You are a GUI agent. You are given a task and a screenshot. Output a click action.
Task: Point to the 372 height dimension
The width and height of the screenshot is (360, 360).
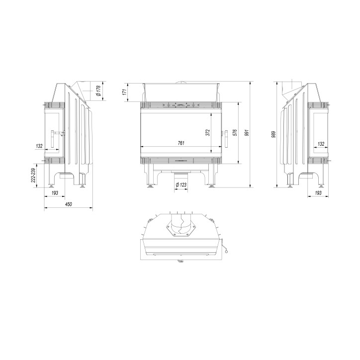point(208,132)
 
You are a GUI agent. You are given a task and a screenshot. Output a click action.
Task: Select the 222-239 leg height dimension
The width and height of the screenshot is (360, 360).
point(34,175)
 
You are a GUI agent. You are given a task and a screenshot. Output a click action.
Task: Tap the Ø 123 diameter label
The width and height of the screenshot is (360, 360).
point(181,185)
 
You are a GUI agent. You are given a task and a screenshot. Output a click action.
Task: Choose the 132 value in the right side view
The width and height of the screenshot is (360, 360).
point(321,144)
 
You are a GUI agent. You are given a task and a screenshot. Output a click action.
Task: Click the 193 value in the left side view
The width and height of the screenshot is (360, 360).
point(55,192)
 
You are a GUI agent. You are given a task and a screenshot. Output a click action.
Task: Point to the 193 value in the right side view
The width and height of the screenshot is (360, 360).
point(318,192)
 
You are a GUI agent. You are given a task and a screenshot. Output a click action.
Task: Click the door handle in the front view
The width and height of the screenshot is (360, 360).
point(225,138)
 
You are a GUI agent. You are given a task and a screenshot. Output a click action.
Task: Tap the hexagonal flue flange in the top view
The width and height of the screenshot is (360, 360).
point(180,230)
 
